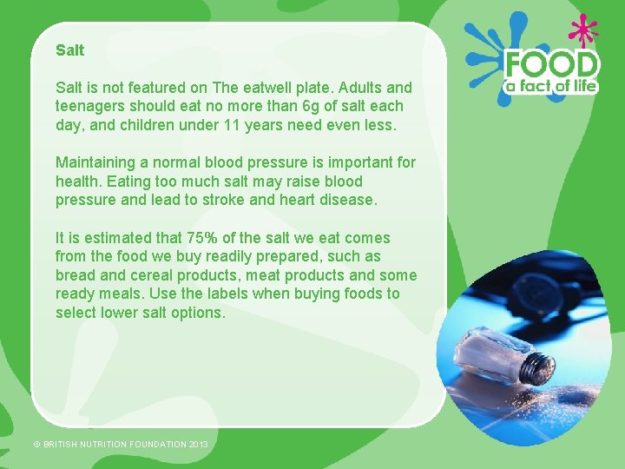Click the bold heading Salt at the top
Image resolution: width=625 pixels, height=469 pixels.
tap(69, 50)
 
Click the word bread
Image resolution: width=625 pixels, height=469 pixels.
tap(76, 275)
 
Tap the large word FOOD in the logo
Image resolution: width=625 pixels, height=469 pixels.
tap(552, 65)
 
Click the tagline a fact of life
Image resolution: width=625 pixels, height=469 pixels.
tap(552, 86)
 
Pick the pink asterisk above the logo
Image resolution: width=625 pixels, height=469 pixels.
tap(582, 32)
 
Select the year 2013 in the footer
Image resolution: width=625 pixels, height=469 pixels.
tap(199, 444)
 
